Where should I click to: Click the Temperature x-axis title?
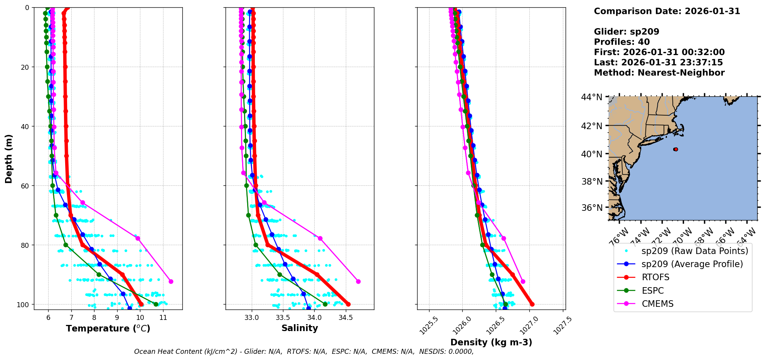108,328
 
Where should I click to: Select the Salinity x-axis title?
300,328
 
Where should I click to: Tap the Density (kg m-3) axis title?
491,342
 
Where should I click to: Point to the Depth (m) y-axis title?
9,159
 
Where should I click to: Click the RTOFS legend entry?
655,278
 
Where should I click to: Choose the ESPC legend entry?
652,291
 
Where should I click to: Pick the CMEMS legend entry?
657,304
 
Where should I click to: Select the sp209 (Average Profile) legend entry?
692,264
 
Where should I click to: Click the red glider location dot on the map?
675,149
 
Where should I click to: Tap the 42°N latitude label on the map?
591,126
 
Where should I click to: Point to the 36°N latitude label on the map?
591,208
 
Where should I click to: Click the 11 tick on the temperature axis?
163,318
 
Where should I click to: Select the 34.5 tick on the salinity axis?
345,318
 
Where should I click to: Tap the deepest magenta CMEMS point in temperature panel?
171,281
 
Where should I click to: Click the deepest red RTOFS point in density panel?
532,304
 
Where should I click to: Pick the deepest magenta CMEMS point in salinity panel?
358,281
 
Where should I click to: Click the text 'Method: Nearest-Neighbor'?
659,73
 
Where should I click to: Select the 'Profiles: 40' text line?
622,42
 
